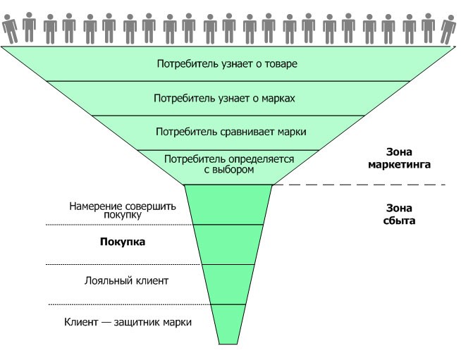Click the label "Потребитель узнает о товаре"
(x=227, y=64)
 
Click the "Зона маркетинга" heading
(x=398, y=159)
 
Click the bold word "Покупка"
(x=123, y=242)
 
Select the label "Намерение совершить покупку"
(x=123, y=211)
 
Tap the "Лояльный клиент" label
(x=126, y=280)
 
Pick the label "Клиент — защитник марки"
(x=127, y=321)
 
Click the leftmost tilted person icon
(x=10, y=29)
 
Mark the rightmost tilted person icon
(x=448, y=29)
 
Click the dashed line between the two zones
(x=359, y=185)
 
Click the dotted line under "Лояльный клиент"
(x=120, y=304)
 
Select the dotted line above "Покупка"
(x=120, y=225)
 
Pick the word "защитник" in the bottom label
(x=142, y=321)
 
